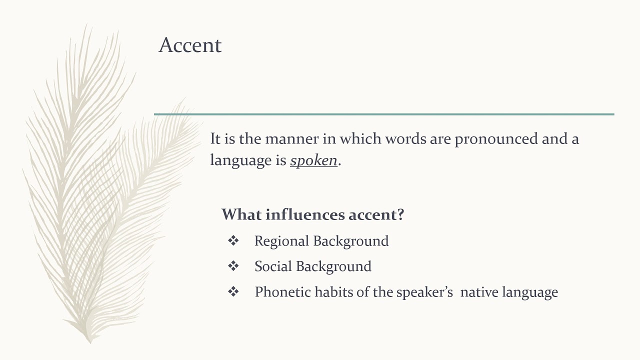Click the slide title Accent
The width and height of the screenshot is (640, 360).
tap(190, 45)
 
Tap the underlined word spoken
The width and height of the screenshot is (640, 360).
tap(313, 160)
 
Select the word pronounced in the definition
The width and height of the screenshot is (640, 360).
tap(496, 138)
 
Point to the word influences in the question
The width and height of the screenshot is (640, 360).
tap(305, 214)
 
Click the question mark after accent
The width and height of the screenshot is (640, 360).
tap(399, 214)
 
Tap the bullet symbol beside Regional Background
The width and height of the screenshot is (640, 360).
tap(233, 241)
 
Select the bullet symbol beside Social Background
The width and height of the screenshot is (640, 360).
tap(233, 266)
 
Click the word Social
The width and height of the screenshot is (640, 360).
tap(272, 266)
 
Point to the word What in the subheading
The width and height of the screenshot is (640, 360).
tap(241, 214)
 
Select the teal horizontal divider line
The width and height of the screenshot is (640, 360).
tap(384, 114)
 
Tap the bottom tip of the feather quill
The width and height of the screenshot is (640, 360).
tap(90, 342)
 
